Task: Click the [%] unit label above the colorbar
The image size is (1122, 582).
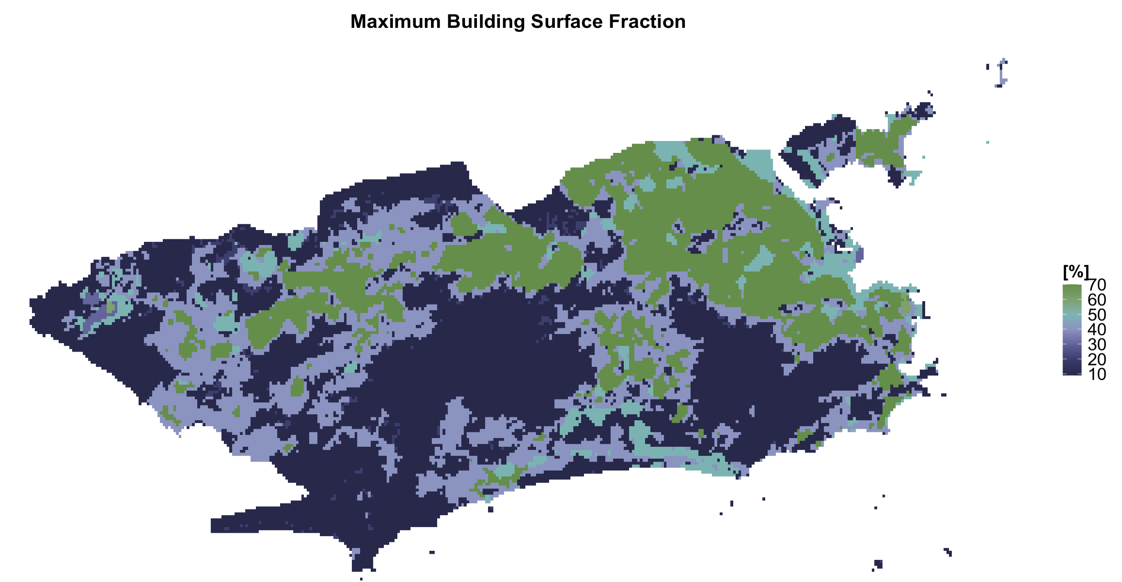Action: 1075,273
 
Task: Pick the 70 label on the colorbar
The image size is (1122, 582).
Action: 1097,286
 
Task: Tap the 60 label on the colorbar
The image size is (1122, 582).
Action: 1097,300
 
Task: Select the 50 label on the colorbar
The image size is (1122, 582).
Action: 1097,315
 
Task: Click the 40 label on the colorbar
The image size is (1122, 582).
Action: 1097,330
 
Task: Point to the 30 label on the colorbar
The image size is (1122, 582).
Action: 1097,345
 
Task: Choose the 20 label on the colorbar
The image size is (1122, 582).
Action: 1097,359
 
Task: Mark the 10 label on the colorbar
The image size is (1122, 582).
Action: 1097,374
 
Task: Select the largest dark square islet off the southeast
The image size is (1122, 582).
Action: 878,564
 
